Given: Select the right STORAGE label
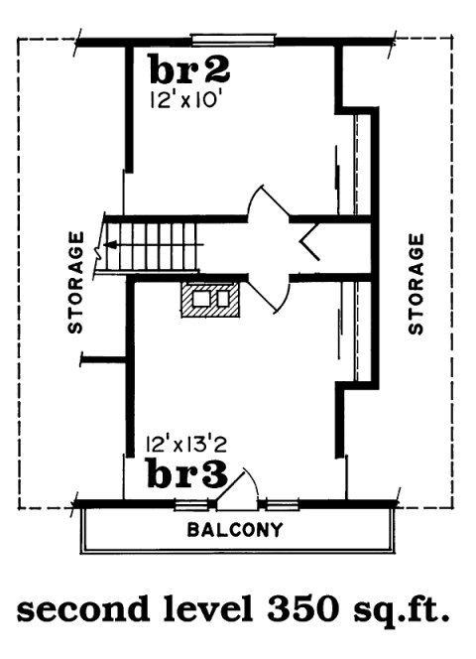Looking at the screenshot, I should click(x=416, y=283).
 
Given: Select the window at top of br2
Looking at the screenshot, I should click(x=234, y=40).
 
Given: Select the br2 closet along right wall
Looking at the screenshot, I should click(x=359, y=164).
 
